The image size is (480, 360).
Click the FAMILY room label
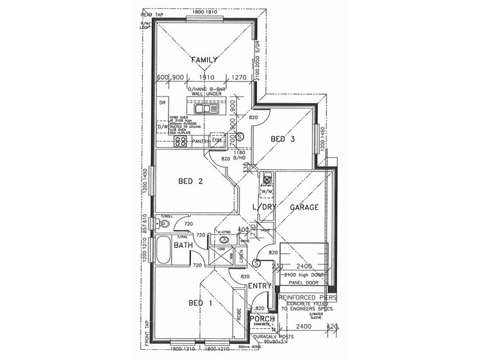click(203, 59)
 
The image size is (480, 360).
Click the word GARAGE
click(304, 207)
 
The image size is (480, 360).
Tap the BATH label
click(183, 245)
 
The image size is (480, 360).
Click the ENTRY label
click(260, 286)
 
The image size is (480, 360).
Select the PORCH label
click(262, 319)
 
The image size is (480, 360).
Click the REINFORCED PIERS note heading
click(307, 297)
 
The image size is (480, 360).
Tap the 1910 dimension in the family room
click(206, 77)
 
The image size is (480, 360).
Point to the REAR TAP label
click(152, 13)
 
